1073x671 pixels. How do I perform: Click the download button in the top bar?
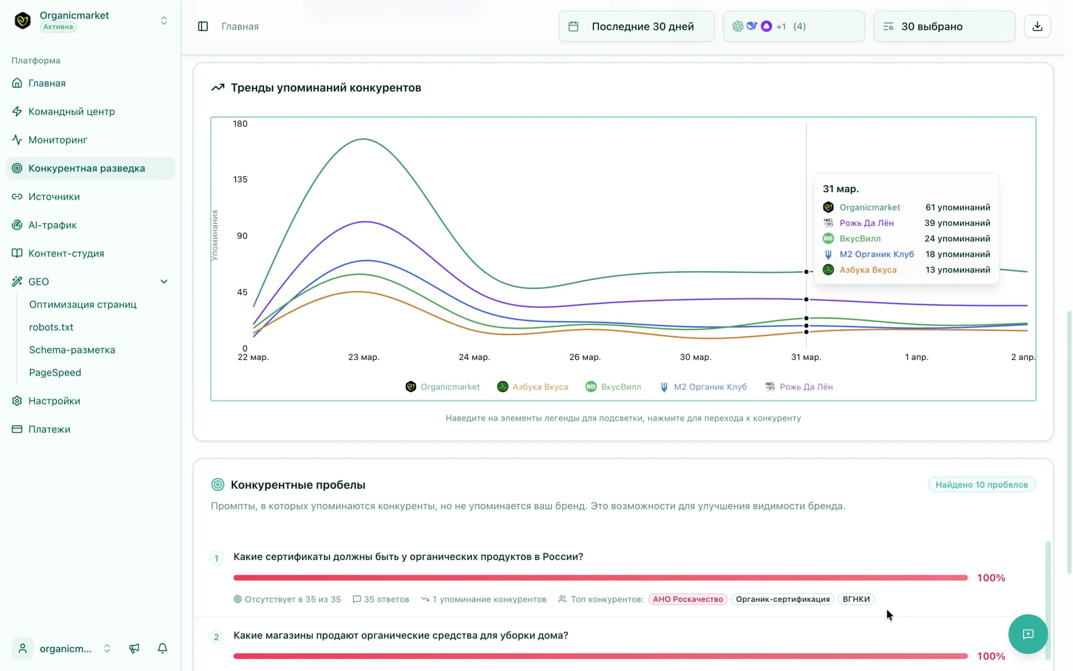click(1037, 26)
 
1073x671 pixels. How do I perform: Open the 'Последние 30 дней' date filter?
click(636, 26)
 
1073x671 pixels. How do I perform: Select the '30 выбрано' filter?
click(944, 26)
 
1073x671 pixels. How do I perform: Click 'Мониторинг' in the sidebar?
click(58, 140)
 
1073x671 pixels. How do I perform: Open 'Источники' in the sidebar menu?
click(54, 196)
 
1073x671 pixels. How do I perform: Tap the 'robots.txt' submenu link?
click(51, 327)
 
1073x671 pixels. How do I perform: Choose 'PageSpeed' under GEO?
click(55, 372)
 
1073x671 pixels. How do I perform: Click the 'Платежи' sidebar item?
click(49, 429)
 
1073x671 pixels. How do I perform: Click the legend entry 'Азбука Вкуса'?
click(540, 387)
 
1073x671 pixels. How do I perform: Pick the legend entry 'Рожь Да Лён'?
click(806, 387)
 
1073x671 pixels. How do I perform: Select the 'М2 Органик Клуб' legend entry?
click(710, 387)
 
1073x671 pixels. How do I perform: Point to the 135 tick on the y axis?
click(240, 179)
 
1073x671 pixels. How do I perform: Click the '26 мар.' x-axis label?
click(585, 357)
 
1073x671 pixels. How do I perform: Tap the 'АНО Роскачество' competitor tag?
click(687, 599)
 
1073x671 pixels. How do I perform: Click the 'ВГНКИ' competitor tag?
click(856, 599)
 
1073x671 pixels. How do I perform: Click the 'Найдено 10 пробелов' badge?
click(981, 485)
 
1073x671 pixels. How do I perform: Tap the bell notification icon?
click(162, 648)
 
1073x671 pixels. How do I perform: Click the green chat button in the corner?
click(1027, 634)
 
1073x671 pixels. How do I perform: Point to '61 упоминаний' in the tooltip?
click(957, 207)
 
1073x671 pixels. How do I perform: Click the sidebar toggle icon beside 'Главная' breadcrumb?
click(203, 26)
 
